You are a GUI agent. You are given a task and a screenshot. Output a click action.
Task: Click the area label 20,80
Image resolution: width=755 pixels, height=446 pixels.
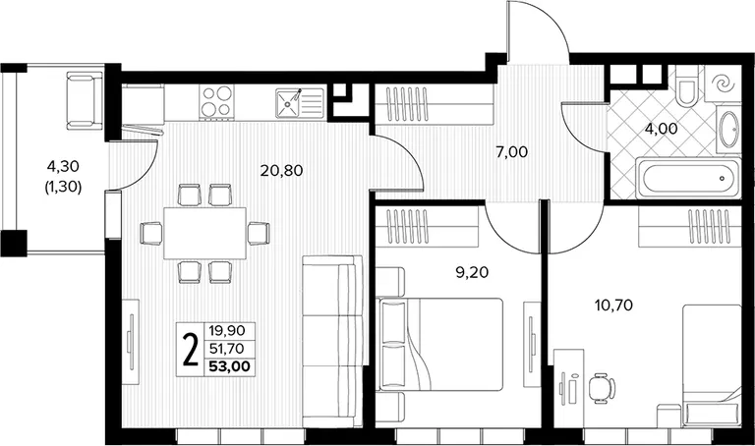click(x=281, y=170)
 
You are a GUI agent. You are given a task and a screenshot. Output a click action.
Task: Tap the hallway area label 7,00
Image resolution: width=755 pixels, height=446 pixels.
click(x=511, y=152)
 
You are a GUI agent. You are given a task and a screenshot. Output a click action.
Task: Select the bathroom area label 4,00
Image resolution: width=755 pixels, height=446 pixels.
click(x=661, y=129)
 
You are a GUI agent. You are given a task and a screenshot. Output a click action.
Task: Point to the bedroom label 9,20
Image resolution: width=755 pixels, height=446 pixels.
click(x=472, y=273)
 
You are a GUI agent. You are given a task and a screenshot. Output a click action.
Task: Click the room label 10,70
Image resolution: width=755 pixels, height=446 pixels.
click(x=613, y=306)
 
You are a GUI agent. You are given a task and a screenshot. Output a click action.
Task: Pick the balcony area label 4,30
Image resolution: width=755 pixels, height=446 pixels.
click(x=63, y=166)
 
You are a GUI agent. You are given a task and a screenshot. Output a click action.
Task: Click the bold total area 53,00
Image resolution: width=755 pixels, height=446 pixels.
click(x=230, y=366)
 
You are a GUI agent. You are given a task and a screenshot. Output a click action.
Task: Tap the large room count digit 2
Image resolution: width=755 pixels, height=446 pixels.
click(x=192, y=351)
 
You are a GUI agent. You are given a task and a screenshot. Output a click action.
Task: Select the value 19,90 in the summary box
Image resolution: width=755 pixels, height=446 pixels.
click(x=227, y=330)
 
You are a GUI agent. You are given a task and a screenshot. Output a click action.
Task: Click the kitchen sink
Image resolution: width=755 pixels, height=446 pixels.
click(x=299, y=103)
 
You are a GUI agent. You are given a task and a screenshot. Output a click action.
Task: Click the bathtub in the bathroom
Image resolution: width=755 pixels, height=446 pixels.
click(x=688, y=178)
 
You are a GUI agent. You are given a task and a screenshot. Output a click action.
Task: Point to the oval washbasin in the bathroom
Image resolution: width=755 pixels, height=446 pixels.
click(x=728, y=130)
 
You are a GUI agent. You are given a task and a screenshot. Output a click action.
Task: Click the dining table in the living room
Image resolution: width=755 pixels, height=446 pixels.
click(x=204, y=233)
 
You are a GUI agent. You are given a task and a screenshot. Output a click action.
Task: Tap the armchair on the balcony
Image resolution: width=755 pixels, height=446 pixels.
click(x=85, y=100)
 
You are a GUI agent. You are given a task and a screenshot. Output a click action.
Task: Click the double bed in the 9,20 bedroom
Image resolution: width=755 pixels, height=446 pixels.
click(x=440, y=345)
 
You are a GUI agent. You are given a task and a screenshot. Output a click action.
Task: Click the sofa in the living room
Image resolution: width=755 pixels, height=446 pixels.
click(x=332, y=341)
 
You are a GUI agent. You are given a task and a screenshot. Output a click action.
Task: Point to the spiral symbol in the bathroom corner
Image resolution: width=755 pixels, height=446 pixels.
click(x=723, y=84)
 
